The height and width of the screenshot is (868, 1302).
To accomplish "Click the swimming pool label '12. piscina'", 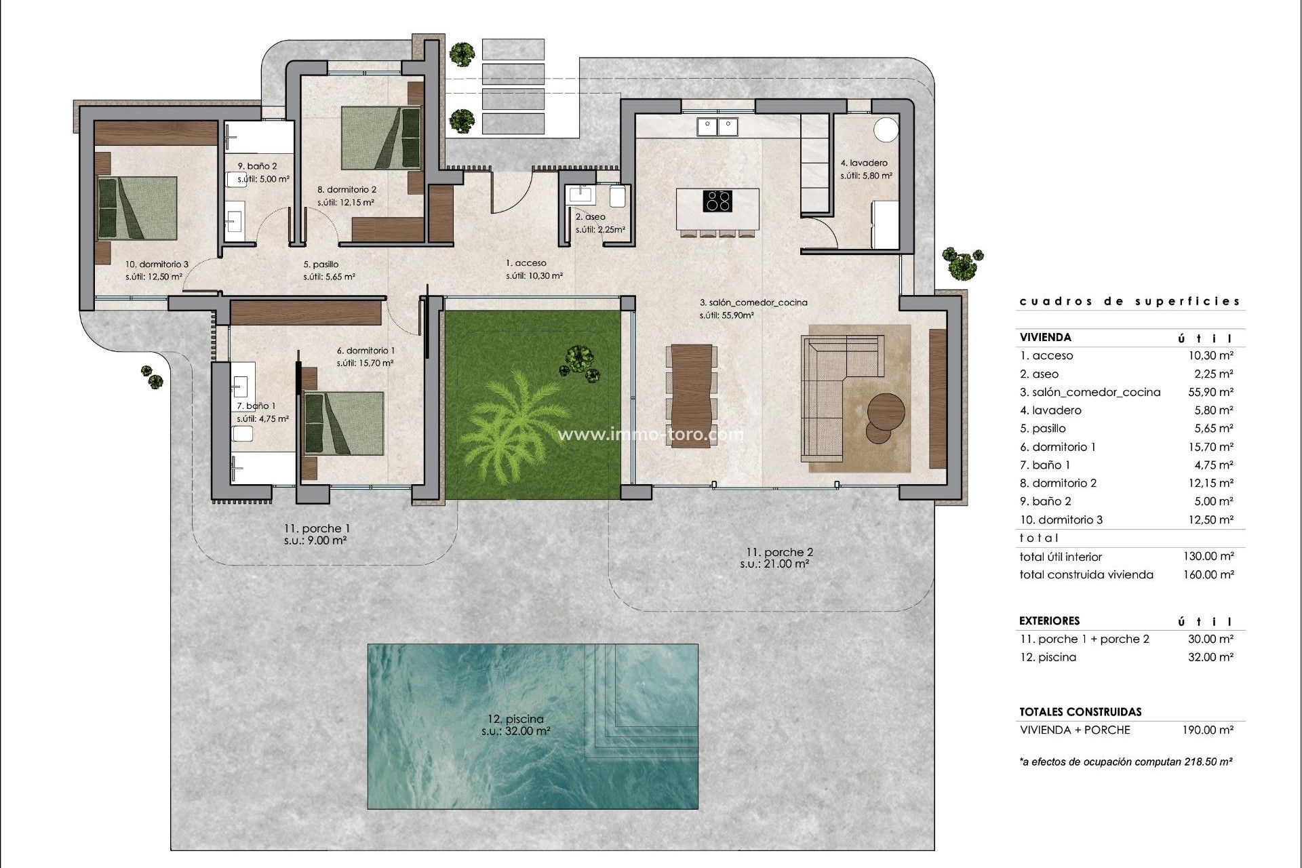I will tap(515, 719).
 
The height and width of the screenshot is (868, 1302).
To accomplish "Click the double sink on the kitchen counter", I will tap(717, 126).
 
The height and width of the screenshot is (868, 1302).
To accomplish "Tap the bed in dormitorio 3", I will tap(138, 208).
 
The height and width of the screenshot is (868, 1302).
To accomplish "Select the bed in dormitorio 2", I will tap(380, 138).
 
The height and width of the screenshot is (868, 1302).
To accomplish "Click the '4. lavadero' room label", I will tap(864, 163).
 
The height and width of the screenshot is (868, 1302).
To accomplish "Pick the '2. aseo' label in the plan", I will tap(590, 217).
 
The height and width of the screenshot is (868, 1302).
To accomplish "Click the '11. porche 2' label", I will tap(778, 552).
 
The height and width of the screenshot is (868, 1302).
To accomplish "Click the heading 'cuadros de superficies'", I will tap(1130, 301).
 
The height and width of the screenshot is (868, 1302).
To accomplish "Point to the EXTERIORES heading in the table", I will tap(1049, 620).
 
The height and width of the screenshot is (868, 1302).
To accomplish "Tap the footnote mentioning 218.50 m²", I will tap(1126, 762).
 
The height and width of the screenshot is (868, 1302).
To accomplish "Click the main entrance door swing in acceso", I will tap(513, 193).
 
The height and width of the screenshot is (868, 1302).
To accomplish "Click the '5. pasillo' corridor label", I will tap(321, 264).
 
